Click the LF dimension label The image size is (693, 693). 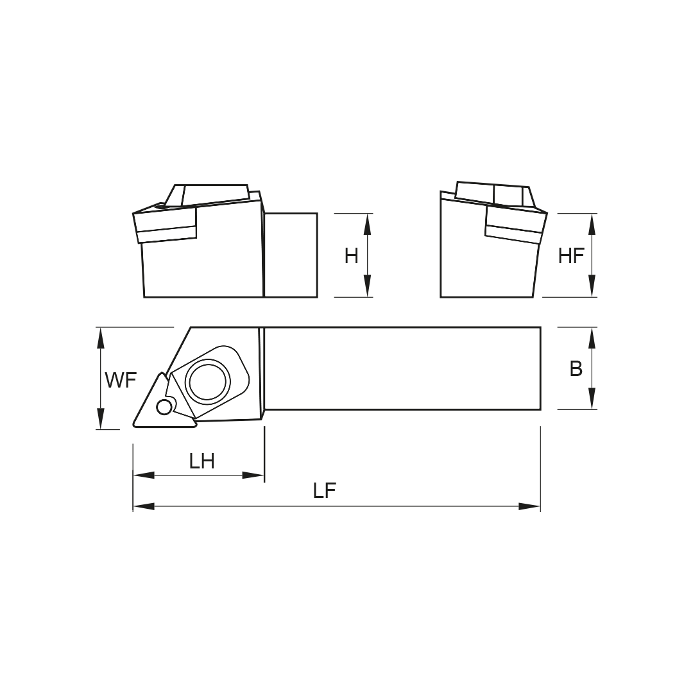(x=325, y=491)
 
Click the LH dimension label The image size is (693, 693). (x=202, y=461)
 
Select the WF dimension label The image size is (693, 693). (x=121, y=380)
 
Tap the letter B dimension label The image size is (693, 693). (x=576, y=368)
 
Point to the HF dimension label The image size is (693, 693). (x=572, y=256)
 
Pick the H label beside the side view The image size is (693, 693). (x=352, y=256)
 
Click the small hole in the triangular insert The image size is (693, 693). (x=164, y=407)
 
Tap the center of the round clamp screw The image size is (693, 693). (x=208, y=381)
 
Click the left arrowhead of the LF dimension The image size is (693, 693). (x=144, y=506)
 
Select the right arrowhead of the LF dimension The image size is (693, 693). (x=529, y=506)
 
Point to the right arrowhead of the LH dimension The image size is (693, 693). (x=253, y=475)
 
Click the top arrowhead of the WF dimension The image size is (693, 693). (x=101, y=338)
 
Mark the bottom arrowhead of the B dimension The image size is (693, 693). (x=592, y=398)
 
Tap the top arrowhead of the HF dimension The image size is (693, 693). (x=592, y=224)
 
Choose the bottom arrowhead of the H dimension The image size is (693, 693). (x=367, y=286)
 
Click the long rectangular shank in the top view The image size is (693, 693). (x=402, y=368)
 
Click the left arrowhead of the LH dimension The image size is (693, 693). (x=144, y=475)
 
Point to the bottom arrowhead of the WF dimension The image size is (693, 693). (x=101, y=418)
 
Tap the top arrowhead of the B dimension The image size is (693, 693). (x=592, y=338)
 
